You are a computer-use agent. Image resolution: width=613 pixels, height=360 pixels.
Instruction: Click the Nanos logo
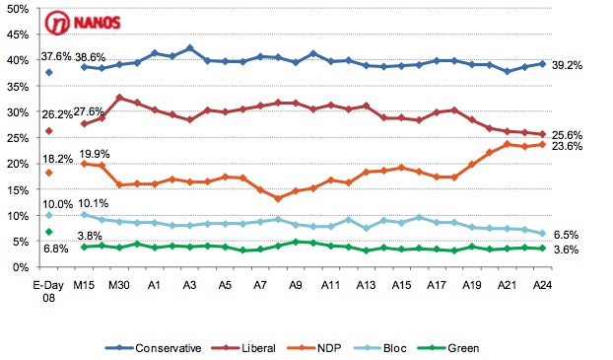click(83, 23)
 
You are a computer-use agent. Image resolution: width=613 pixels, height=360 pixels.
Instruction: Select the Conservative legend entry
click(153, 348)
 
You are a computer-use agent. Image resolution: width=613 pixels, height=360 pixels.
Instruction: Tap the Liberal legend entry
click(243, 348)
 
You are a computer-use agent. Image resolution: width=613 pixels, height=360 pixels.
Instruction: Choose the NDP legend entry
click(314, 348)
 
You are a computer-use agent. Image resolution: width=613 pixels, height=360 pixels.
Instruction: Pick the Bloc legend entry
click(379, 348)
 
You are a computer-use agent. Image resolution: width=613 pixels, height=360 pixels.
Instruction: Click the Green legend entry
click(448, 348)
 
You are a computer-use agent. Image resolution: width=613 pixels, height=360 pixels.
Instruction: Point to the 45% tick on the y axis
click(18, 35)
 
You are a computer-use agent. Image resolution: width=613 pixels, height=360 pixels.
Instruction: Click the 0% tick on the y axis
click(21, 267)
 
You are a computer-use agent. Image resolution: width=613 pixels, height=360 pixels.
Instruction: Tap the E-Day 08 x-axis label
click(48, 291)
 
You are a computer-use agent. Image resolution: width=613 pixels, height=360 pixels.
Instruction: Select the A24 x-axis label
click(542, 285)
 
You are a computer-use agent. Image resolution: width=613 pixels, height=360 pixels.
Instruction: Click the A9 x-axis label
click(295, 285)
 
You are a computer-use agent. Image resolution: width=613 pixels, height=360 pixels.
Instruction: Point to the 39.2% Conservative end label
click(567, 65)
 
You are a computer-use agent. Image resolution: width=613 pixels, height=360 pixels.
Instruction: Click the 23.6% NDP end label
click(567, 146)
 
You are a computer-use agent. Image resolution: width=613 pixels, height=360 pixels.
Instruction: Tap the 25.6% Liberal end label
click(567, 135)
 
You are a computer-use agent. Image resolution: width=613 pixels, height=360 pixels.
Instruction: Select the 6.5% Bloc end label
click(566, 235)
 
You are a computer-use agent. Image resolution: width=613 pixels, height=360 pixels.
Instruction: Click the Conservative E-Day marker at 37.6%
click(49, 72)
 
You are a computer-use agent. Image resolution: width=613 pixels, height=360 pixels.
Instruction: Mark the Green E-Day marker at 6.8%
click(49, 232)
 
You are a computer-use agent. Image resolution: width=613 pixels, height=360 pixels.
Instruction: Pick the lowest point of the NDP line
click(278, 199)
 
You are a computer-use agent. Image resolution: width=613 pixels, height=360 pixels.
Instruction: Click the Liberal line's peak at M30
click(119, 98)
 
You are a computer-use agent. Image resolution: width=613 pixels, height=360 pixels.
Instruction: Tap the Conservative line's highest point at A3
click(190, 48)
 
